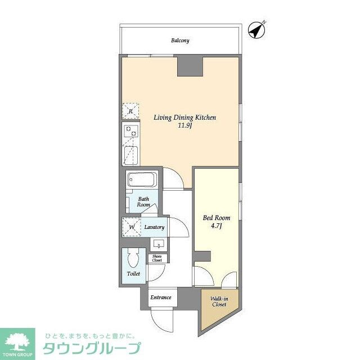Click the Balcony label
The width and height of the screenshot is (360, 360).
(x=180, y=40)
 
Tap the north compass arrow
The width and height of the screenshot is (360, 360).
(x=257, y=30)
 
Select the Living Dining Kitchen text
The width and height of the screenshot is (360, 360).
(x=185, y=118)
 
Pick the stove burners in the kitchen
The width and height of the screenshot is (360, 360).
(x=130, y=133)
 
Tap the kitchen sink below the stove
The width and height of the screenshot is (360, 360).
(x=130, y=154)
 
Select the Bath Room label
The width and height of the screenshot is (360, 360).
(x=144, y=201)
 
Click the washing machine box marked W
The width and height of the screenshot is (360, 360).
(x=132, y=227)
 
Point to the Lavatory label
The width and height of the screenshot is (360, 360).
(x=154, y=227)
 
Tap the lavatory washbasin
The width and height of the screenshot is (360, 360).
(x=158, y=244)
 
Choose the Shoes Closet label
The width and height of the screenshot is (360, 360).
(x=157, y=258)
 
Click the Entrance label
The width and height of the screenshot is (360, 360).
(x=160, y=297)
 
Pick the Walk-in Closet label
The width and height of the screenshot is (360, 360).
(x=219, y=301)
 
